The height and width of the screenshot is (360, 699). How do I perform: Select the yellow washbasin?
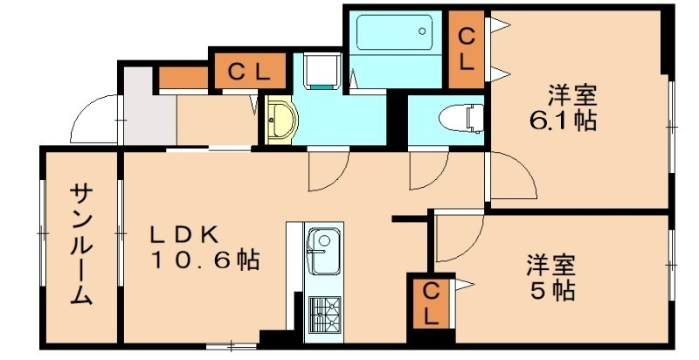(x=280, y=120)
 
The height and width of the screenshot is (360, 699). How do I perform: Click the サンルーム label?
(x=81, y=244)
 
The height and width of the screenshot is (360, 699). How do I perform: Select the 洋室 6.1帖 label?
(x=572, y=107)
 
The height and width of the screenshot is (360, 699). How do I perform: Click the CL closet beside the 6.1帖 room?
(x=467, y=49)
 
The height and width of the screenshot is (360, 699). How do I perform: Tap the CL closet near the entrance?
(x=248, y=72)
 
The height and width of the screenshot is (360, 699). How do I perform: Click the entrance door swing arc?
(x=93, y=122)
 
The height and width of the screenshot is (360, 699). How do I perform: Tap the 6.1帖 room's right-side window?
(x=671, y=127)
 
